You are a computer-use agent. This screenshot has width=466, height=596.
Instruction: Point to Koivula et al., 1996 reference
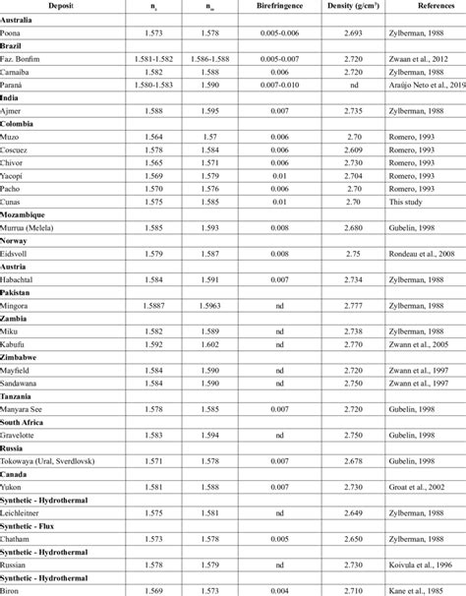point(416,565)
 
